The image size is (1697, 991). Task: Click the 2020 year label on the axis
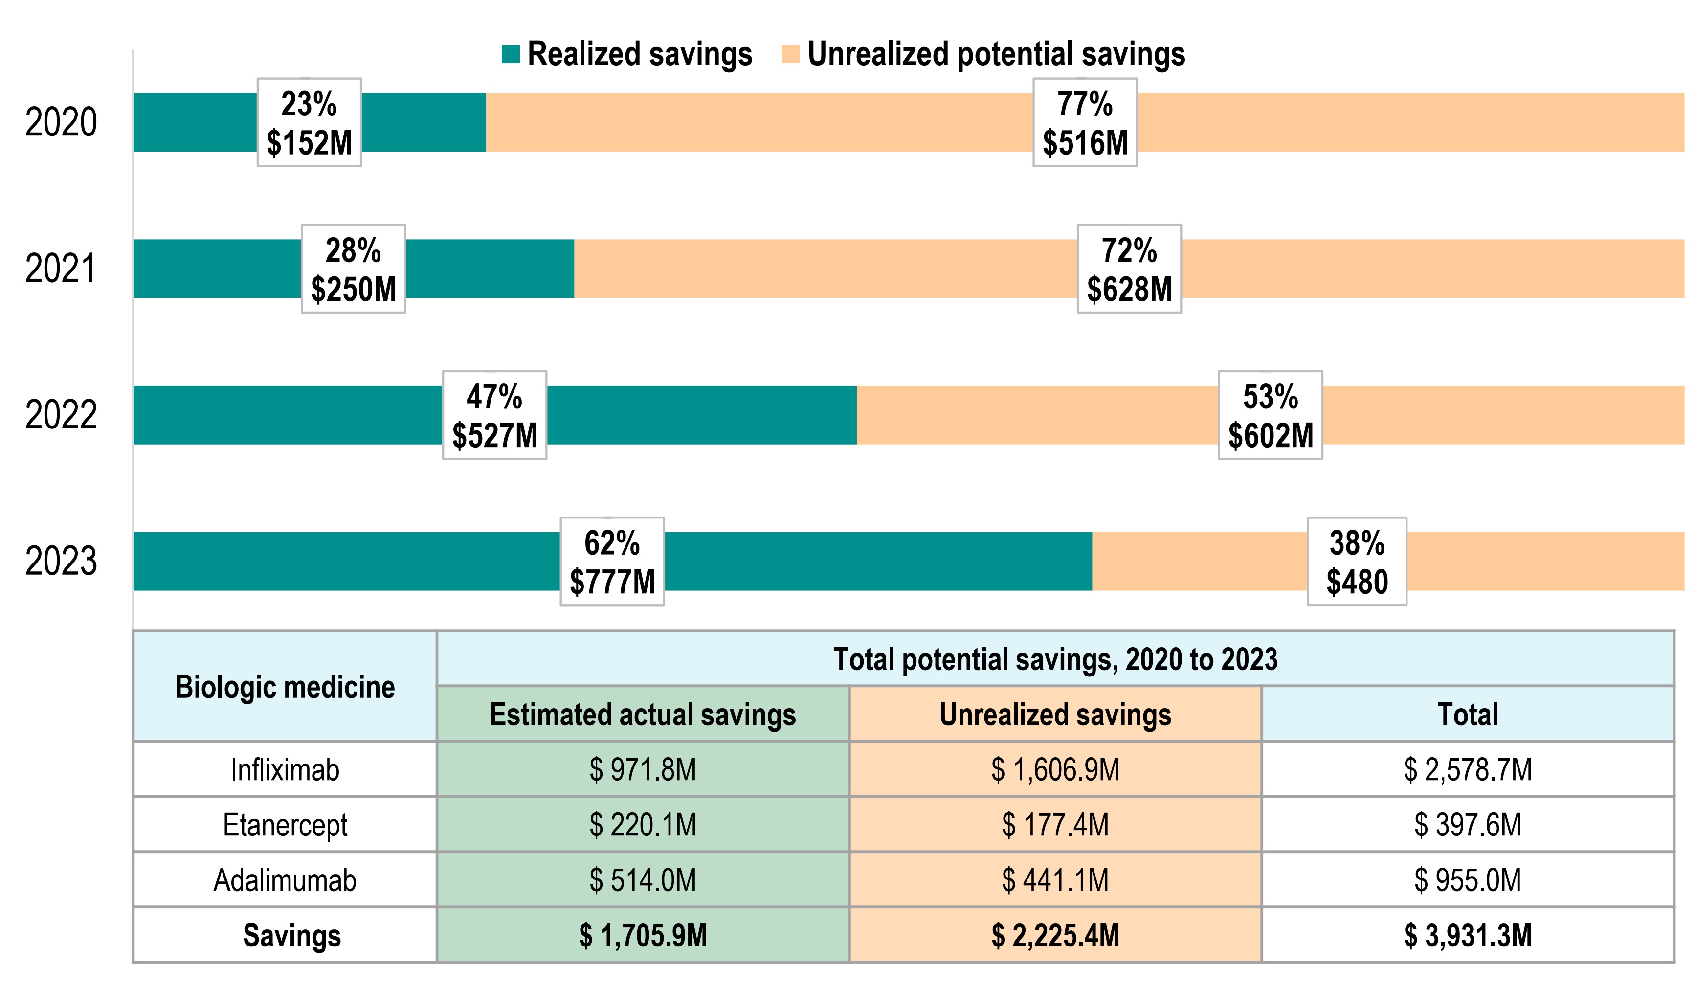coord(61,123)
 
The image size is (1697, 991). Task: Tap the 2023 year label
coord(61,561)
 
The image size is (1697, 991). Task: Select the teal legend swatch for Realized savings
coord(511,55)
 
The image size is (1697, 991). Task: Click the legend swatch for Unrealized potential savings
coord(790,55)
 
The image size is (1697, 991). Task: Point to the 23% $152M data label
coord(309,123)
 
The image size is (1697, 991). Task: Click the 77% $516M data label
coord(1085,123)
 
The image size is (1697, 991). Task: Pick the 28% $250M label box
coord(354,269)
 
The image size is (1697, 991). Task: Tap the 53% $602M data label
coord(1270,415)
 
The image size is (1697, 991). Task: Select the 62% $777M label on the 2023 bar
coord(612,561)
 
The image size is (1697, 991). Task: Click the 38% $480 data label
coord(1357,561)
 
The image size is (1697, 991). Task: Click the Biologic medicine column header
coord(285,686)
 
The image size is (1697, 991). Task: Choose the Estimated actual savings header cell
coord(643,714)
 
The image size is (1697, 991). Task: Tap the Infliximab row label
coord(285,769)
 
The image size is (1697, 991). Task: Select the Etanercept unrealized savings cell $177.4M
coord(1055,825)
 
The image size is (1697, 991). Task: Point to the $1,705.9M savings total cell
coord(643,935)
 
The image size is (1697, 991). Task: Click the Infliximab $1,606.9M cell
coord(1055,769)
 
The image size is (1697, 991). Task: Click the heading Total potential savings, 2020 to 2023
coord(1055,659)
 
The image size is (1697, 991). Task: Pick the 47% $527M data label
coord(494,415)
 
